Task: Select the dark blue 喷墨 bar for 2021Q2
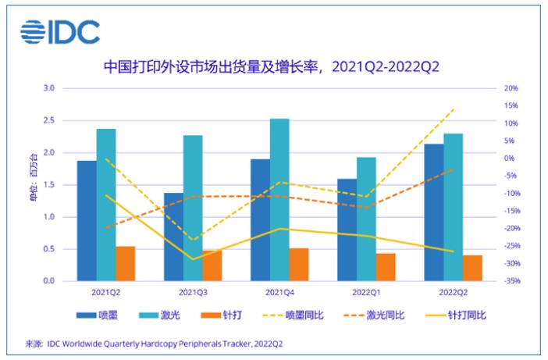87,220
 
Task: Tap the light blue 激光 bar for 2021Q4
279,199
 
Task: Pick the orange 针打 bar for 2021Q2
126,263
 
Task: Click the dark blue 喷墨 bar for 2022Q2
433,212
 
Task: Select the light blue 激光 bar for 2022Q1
366,219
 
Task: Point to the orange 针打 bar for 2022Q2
472,267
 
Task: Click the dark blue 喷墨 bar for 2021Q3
173,237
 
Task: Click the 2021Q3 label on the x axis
193,292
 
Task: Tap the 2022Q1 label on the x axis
366,292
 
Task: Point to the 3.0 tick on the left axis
48,88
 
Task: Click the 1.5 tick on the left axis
48,184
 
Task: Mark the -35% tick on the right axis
511,281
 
